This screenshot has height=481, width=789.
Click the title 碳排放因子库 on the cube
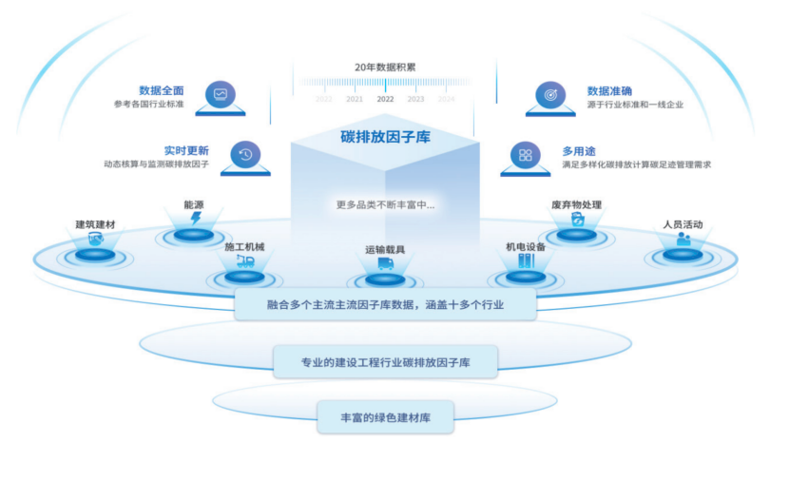pos(385,137)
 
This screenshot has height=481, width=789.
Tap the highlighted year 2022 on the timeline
pos(385,99)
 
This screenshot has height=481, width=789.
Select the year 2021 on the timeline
pos(355,99)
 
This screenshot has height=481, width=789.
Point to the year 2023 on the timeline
pos(415,99)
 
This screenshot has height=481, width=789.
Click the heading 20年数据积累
pos(385,67)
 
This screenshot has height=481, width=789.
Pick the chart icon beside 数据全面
pos(221,95)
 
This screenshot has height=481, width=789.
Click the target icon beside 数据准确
pos(549,95)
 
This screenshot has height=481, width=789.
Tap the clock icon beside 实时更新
pos(245,156)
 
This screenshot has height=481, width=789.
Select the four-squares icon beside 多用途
pos(525,155)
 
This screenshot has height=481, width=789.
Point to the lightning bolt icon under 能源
pos(196,218)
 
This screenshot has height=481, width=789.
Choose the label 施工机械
pos(244,247)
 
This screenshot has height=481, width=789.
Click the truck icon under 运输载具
pos(385,263)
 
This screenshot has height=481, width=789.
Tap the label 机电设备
pos(526,247)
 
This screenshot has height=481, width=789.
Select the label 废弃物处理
pos(576,204)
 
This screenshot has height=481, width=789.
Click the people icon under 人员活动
pos(683,240)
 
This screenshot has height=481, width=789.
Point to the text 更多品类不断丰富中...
pos(385,203)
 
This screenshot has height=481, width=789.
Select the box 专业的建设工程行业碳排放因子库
pos(385,362)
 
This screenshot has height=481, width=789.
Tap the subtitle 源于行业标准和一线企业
pos(635,105)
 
